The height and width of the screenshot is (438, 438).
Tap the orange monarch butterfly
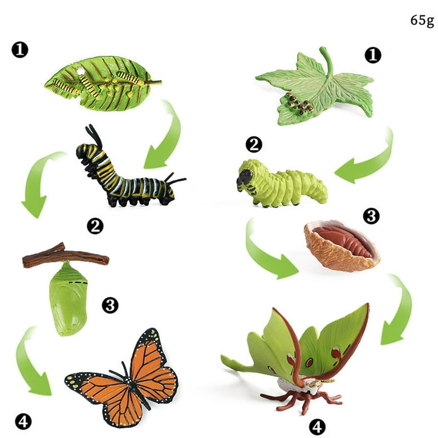pos(122,378)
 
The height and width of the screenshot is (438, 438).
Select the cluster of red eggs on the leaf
pos(298,104)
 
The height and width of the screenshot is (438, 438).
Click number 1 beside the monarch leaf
pos(20,50)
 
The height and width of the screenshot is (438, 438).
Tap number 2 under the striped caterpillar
pos(95,226)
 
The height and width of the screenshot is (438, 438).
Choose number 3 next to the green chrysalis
pos(109,306)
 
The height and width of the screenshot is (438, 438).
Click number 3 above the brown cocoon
pos(371,217)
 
